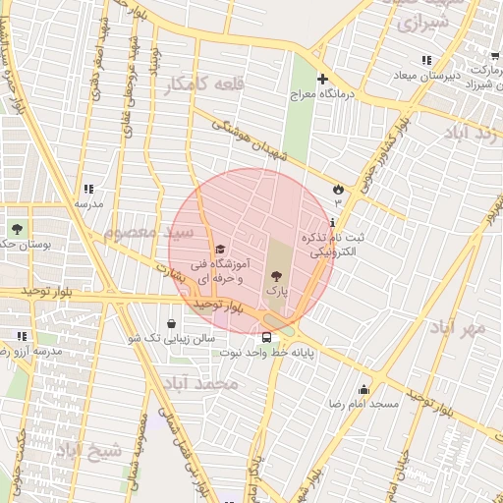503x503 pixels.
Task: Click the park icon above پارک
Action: tap(274, 276)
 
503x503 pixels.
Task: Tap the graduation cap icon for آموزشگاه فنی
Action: tap(220, 249)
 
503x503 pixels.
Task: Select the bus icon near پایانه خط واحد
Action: tap(267, 338)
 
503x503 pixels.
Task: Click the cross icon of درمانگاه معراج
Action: tap(322, 79)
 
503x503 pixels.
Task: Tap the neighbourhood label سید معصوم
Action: tap(139, 233)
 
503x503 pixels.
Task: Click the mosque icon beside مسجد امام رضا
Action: tap(363, 389)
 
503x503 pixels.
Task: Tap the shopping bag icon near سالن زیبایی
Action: tap(172, 323)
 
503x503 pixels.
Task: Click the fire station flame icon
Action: tap(339, 189)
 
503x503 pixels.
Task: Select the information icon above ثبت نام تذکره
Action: tap(333, 223)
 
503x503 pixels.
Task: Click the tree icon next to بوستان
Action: tap(16, 228)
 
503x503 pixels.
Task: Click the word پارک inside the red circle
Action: tap(275, 292)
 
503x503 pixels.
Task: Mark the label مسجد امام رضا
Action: tap(363, 404)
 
